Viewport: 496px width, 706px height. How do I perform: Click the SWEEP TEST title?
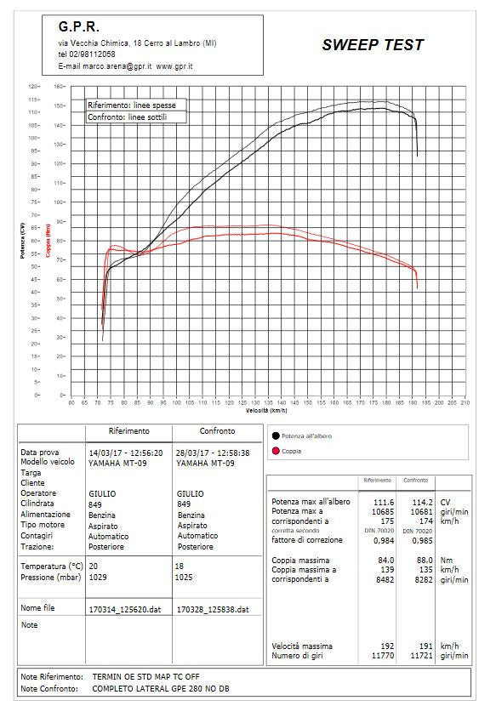(x=372, y=45)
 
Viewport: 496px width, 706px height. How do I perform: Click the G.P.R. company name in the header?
(x=80, y=26)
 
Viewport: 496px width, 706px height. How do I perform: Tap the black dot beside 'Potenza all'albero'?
(x=276, y=436)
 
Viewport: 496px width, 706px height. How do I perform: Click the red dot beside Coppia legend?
(x=276, y=451)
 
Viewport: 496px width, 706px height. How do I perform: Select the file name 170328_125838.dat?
(x=212, y=609)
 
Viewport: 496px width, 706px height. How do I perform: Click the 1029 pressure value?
(x=98, y=577)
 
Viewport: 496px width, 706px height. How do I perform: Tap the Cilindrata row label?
(x=38, y=504)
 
